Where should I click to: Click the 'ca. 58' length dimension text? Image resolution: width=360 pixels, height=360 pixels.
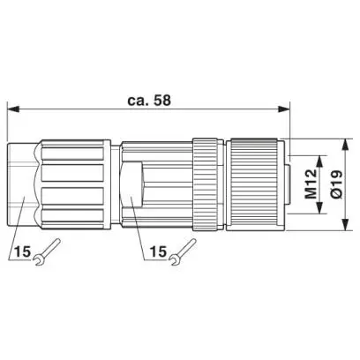tap(149, 101)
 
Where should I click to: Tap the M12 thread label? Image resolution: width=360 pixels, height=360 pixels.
tap(311, 184)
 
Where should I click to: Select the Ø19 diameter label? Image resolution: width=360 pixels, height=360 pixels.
tap(337, 184)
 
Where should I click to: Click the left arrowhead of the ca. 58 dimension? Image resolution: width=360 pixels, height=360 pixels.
tap(13, 109)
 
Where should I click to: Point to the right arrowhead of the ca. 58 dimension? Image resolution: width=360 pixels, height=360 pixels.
tap(283, 109)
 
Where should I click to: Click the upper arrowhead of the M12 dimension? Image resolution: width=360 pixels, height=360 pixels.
tap(319, 161)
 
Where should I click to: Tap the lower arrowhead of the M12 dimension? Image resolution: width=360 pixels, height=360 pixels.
tap(319, 207)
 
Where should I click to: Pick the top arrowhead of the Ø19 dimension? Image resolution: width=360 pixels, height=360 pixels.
tap(346, 145)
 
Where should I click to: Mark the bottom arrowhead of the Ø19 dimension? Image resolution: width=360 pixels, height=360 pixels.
tap(346, 224)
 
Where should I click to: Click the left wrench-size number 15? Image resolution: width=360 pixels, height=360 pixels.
tap(23, 251)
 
